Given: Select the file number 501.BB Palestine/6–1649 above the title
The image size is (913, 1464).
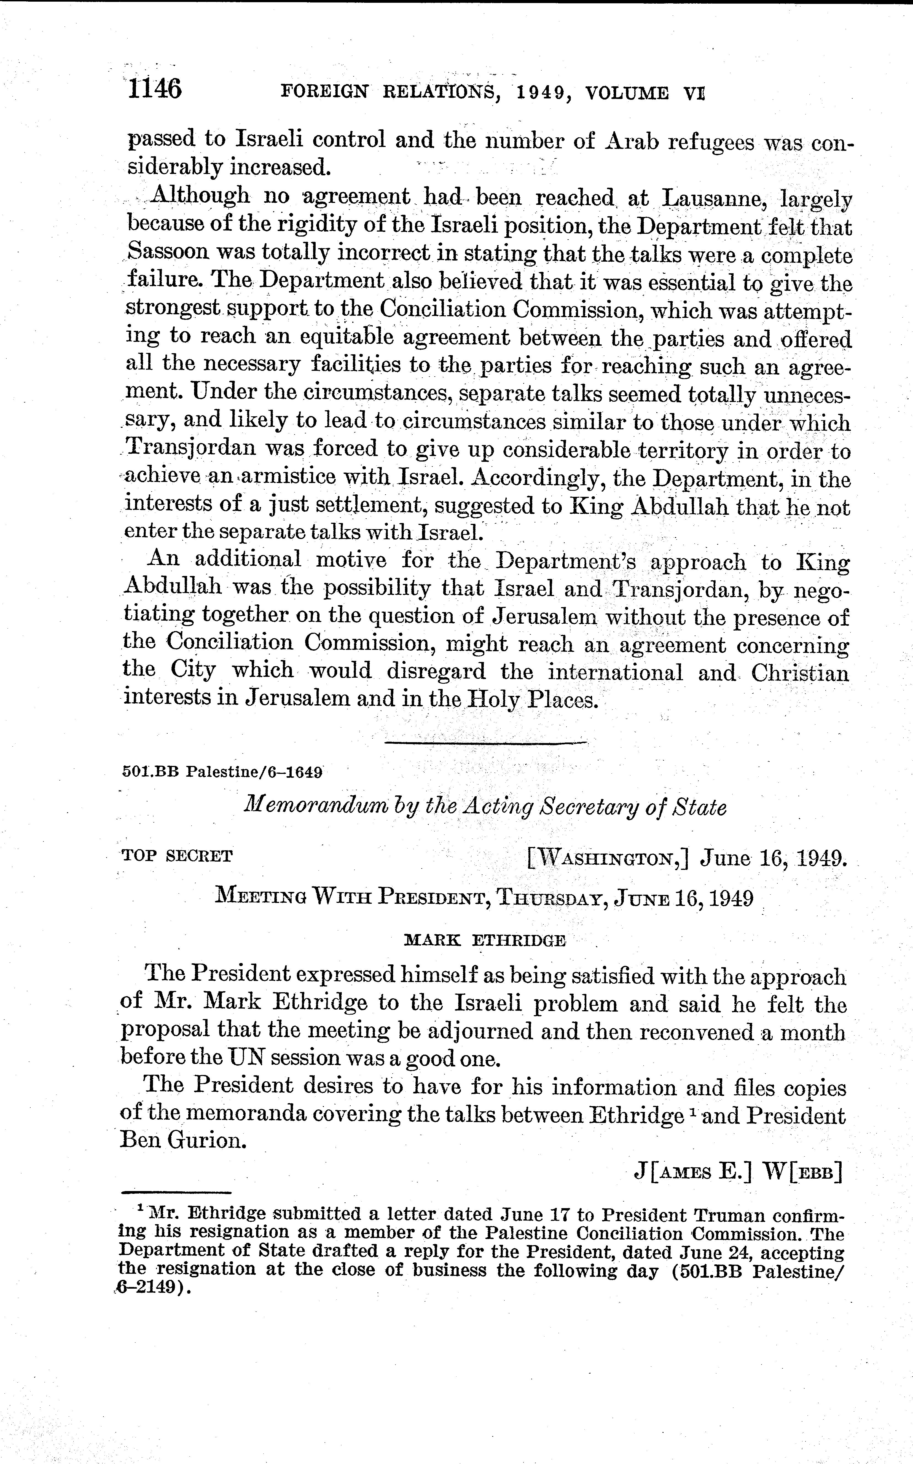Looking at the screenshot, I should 222,771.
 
